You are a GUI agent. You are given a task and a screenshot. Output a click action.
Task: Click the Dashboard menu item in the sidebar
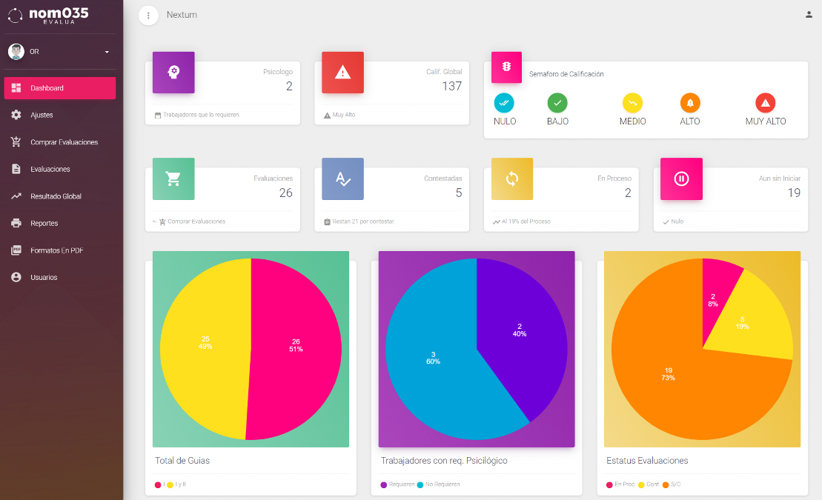(59, 88)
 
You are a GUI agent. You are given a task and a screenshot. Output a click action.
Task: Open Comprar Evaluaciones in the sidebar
(64, 142)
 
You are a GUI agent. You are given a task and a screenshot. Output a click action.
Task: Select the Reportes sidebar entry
(44, 223)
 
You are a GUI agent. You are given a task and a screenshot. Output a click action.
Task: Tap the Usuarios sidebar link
(44, 277)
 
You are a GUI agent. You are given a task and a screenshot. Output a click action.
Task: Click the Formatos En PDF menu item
(56, 250)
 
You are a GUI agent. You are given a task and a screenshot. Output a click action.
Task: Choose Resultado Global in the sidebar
(56, 196)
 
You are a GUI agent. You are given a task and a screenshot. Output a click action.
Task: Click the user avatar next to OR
(16, 52)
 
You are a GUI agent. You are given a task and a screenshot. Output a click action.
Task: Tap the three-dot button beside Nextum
(148, 15)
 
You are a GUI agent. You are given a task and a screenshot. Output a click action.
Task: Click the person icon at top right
(809, 14)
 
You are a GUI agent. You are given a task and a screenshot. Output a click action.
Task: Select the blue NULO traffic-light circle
(504, 103)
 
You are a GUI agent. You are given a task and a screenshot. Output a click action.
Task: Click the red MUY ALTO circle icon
(765, 103)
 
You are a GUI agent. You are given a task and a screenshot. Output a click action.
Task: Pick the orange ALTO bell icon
(690, 103)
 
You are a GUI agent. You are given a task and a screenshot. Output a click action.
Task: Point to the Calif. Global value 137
(451, 86)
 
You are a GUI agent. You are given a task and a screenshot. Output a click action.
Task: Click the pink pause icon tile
(681, 179)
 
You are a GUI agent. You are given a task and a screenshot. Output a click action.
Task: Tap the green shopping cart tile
(173, 179)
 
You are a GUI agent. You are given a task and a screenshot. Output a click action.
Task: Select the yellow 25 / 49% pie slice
(204, 344)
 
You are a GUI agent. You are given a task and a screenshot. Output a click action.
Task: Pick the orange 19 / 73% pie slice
(667, 378)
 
